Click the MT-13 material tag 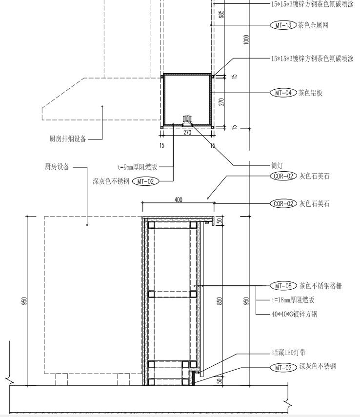[283, 25]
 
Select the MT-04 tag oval [283, 92]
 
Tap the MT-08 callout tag [283, 286]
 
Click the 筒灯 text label [278, 165]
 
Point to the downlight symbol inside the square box [187, 119]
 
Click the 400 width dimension [178, 199]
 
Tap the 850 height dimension [220, 301]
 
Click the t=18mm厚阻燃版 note [293, 300]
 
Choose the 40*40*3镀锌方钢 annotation [294, 314]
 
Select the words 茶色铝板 [310, 92]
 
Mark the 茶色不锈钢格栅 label [320, 286]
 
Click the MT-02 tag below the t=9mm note [146, 181]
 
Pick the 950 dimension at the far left [24, 301]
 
